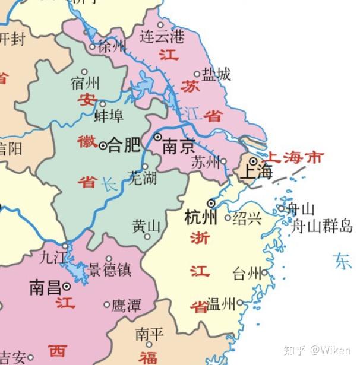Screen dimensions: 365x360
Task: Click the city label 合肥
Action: (124, 144)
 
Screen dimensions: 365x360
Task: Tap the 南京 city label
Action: (178, 147)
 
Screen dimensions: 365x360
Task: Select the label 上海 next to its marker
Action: (257, 173)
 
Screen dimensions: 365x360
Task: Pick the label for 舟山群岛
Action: (322, 226)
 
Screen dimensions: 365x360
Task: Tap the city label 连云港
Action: (162, 37)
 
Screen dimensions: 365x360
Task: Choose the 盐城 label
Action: (216, 74)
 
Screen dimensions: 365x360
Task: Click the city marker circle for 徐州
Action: (92, 46)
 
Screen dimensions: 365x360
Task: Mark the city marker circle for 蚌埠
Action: (103, 103)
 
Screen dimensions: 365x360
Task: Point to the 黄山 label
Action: (146, 226)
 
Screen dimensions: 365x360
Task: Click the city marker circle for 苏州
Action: (223, 161)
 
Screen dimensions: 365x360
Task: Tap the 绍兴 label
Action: (247, 218)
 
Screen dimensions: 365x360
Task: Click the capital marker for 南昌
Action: (67, 287)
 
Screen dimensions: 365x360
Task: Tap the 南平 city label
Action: (149, 334)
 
